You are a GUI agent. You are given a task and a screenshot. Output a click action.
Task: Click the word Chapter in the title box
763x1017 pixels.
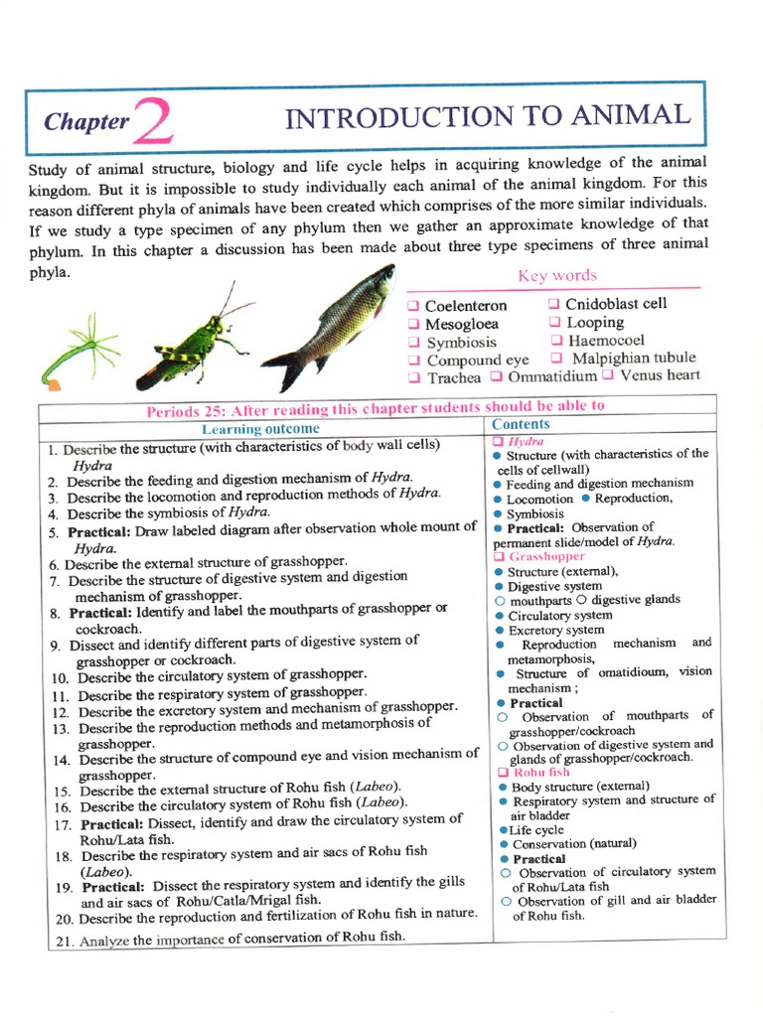(x=86, y=122)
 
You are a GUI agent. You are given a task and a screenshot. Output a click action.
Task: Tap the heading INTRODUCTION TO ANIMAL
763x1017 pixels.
(x=487, y=116)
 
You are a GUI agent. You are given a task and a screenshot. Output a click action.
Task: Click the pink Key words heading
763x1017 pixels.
(x=557, y=276)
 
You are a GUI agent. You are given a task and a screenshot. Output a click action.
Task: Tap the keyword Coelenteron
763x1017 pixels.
(x=465, y=306)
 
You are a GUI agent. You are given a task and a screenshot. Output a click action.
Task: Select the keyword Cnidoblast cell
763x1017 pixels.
(x=615, y=304)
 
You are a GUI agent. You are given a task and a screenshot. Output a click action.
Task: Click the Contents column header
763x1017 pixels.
(x=521, y=424)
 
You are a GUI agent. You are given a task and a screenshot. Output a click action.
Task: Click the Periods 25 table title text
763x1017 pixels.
(x=375, y=408)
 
